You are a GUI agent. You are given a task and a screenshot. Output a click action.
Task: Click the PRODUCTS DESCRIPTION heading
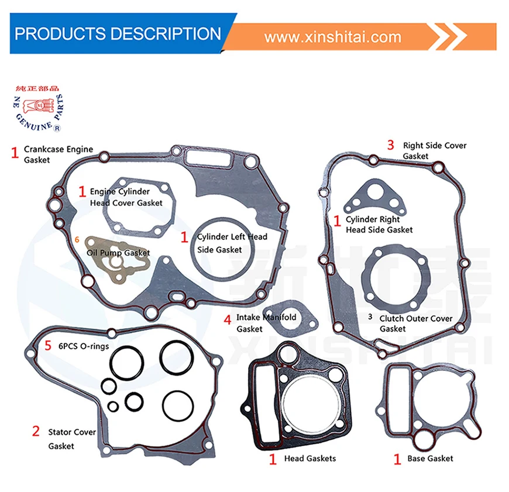pyautogui.click(x=118, y=33)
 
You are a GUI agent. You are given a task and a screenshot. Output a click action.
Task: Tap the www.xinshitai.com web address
pyautogui.click(x=333, y=37)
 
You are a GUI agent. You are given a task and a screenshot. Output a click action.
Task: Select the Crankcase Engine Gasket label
pyautogui.click(x=58, y=154)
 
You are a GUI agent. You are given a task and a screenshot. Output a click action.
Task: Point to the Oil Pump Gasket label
pyautogui.click(x=118, y=253)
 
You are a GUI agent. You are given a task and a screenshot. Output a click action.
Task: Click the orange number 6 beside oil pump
pyautogui.click(x=77, y=239)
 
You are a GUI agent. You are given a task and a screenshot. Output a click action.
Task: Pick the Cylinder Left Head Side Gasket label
pyautogui.click(x=231, y=243)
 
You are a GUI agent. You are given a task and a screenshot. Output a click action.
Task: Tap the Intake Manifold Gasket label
pyautogui.click(x=266, y=323)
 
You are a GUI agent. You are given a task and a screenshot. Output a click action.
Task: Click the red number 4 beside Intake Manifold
pyautogui.click(x=227, y=320)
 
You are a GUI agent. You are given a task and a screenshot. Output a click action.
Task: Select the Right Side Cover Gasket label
pyautogui.click(x=434, y=150)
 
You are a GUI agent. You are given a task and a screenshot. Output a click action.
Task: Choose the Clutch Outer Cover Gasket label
pyautogui.click(x=415, y=324)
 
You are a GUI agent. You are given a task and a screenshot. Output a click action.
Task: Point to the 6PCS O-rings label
pyautogui.click(x=83, y=346)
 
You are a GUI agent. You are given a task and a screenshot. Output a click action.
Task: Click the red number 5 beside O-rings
pyautogui.click(x=48, y=345)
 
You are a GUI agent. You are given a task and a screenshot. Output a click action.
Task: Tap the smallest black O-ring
pyautogui.click(x=113, y=405)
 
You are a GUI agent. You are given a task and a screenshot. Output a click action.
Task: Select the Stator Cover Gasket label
pyautogui.click(x=71, y=439)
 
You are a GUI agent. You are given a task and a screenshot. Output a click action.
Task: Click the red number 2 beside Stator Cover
pyautogui.click(x=36, y=432)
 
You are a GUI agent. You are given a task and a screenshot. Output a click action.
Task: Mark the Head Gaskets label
pyautogui.click(x=309, y=458)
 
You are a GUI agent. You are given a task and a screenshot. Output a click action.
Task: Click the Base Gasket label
pyautogui.click(x=430, y=458)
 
